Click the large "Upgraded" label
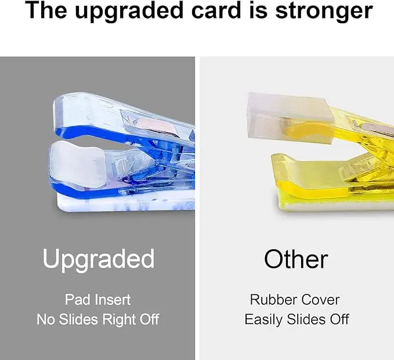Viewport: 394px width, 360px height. pyautogui.click(x=98, y=259)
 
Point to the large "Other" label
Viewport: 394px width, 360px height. pyautogui.click(x=295, y=259)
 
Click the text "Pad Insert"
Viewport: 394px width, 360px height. pyautogui.click(x=97, y=300)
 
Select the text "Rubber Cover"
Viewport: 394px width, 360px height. pyautogui.click(x=295, y=300)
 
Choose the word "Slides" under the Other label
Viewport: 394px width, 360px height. pyautogui.click(x=309, y=319)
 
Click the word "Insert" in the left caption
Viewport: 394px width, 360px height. pyautogui.click(x=114, y=300)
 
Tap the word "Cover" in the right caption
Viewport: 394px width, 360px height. pyautogui.click(x=321, y=300)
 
